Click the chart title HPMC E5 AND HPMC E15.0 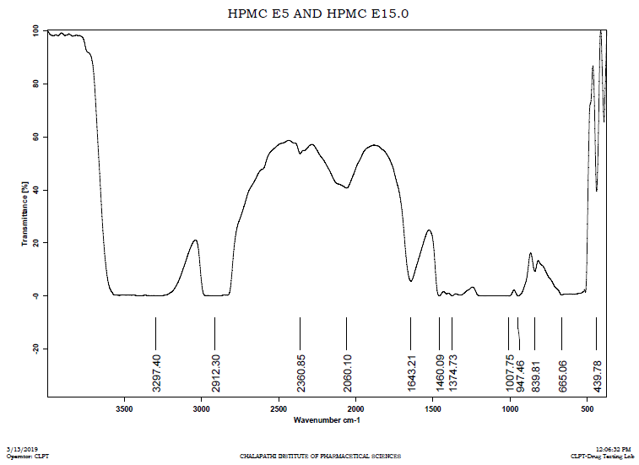[x=318, y=14]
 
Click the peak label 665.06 [x=562, y=374]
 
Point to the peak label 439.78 [x=597, y=374]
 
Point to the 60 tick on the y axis [x=36, y=137]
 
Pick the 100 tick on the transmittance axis [x=36, y=31]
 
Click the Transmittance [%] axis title [x=25, y=214]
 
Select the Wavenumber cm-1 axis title [x=325, y=419]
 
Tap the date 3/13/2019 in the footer [x=22, y=450]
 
